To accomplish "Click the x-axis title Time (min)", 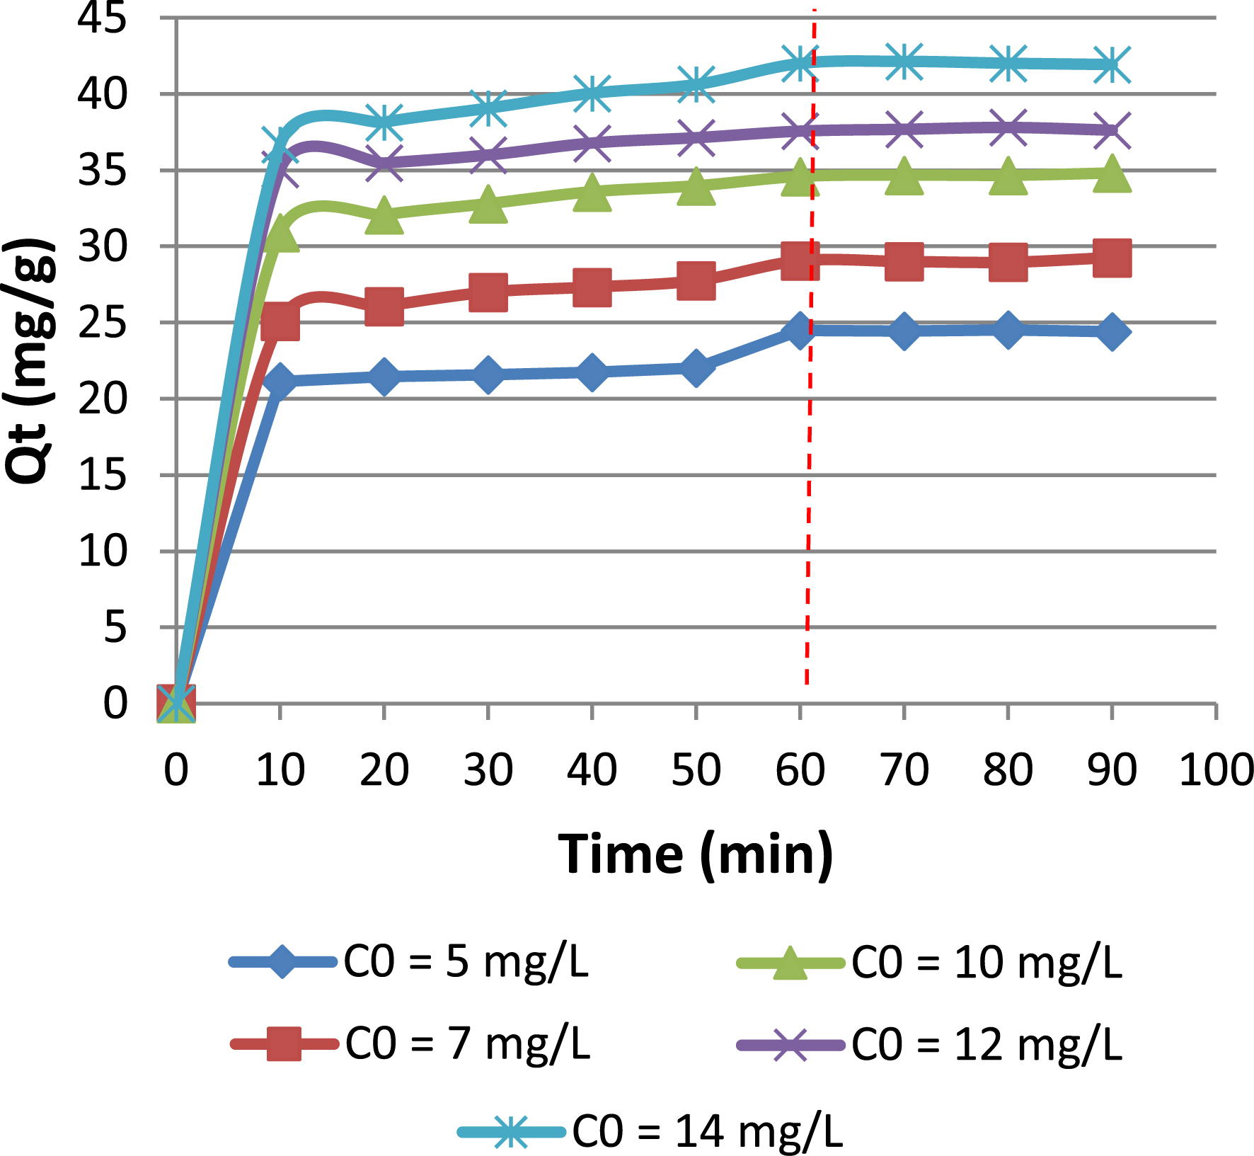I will click(696, 854).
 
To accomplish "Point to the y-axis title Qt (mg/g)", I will click(30, 361).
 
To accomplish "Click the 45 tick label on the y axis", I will click(102, 18).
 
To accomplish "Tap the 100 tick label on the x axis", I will click(1216, 770).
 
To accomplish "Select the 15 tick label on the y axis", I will click(102, 475).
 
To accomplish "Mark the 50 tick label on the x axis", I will click(696, 770).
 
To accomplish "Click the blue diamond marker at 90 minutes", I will click(1112, 332).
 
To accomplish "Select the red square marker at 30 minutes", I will click(488, 292).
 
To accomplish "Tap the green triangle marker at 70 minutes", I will click(904, 176).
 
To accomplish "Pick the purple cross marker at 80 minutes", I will click(1008, 128).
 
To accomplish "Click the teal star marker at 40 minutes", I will click(592, 93).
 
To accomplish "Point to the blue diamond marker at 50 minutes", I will click(696, 367).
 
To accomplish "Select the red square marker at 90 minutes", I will click(1112, 258).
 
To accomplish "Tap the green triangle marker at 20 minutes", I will click(384, 214).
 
